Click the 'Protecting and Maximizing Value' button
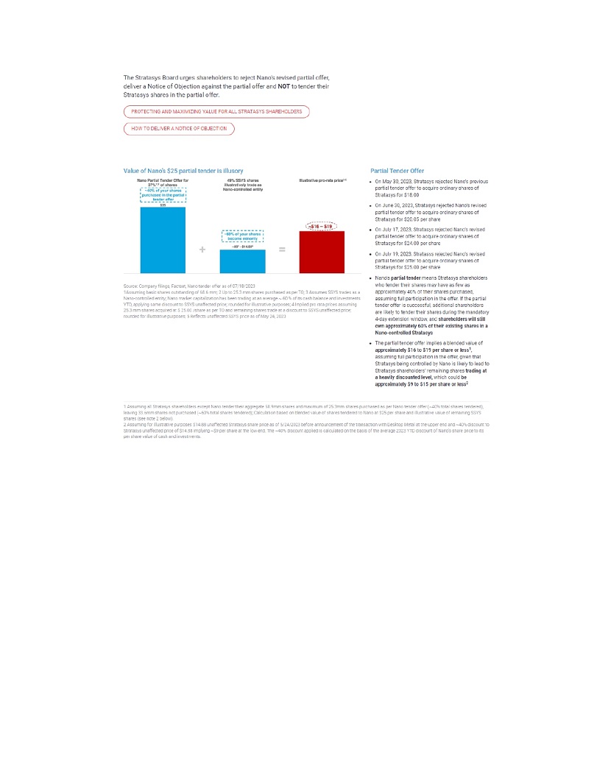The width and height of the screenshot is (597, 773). (x=216, y=112)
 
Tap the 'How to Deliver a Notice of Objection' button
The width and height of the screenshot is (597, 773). (x=179, y=129)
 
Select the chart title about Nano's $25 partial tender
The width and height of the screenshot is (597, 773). (x=183, y=171)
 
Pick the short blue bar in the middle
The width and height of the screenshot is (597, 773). (x=242, y=261)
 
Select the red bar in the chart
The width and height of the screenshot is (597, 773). (x=322, y=252)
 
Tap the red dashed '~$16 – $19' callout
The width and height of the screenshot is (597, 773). (x=322, y=226)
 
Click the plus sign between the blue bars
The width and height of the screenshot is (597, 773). (x=202, y=250)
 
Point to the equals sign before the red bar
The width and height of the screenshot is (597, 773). (x=282, y=250)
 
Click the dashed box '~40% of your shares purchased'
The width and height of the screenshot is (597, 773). (x=163, y=194)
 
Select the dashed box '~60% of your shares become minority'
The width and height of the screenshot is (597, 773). (x=242, y=236)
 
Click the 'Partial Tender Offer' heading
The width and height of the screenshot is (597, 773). (x=398, y=171)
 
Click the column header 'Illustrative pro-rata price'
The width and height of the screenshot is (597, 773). (x=322, y=180)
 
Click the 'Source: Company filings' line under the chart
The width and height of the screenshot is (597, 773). (x=189, y=285)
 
